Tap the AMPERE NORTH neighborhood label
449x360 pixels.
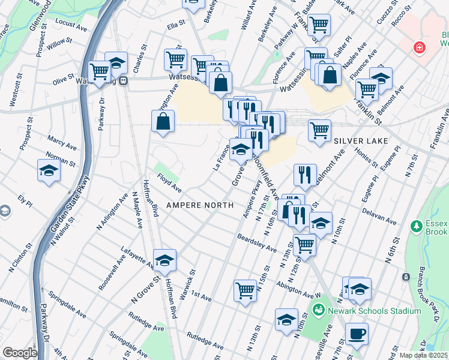[199, 205]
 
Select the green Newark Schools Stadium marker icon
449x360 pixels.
[318, 310]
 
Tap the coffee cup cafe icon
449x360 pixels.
[357, 334]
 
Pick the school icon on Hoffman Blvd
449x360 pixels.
[164, 260]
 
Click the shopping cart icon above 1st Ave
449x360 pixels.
[245, 290]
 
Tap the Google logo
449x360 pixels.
[20, 353]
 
